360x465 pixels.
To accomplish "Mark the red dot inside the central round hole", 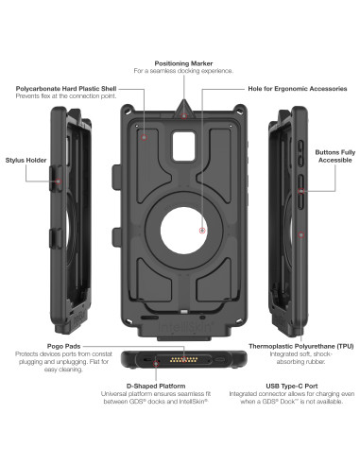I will point(202,230).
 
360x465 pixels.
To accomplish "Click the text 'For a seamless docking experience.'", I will point(180,70).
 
